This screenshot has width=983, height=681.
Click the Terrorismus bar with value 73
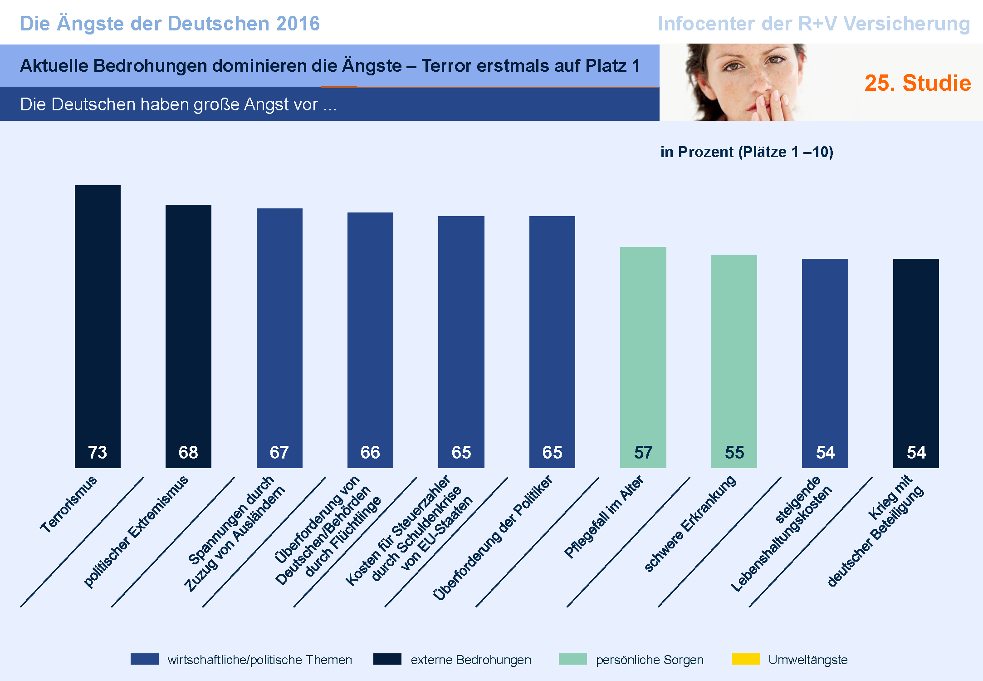(98, 318)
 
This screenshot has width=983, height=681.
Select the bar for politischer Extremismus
(188, 327)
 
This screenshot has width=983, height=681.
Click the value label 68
(188, 452)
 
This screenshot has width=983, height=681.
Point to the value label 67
(279, 452)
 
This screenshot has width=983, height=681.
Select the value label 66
(370, 452)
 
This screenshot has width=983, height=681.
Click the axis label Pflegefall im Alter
(604, 517)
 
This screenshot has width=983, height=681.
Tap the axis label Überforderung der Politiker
(493, 538)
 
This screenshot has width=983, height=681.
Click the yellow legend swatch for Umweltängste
(746, 659)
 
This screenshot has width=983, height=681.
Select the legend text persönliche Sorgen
(650, 660)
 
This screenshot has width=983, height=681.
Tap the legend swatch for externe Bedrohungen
(387, 659)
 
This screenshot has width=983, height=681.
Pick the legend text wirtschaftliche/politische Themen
(259, 660)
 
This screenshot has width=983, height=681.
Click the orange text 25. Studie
(917, 83)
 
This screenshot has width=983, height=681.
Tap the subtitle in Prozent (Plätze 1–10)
(747, 152)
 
